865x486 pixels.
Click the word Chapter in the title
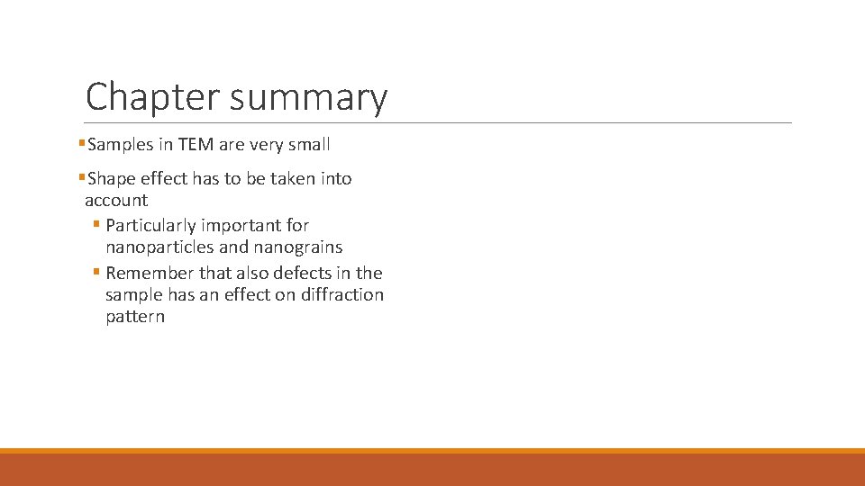(x=152, y=97)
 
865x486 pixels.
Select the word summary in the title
(x=308, y=97)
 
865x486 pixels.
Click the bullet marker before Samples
(x=82, y=143)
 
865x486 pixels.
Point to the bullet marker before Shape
(x=82, y=177)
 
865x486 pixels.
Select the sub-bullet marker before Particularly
(x=96, y=225)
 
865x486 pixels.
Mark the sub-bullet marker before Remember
(x=96, y=273)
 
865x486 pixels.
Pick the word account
(x=116, y=201)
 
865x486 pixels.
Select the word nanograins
(x=298, y=247)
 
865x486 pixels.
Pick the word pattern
(x=135, y=317)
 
